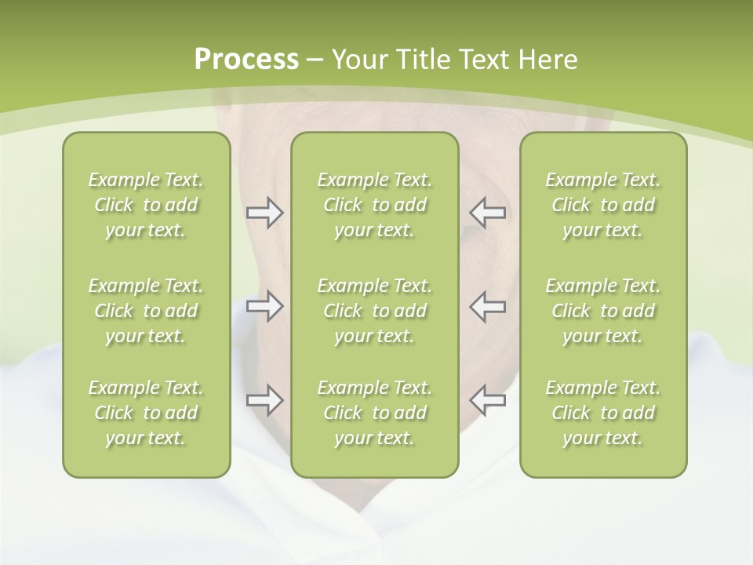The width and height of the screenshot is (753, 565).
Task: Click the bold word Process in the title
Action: pyautogui.click(x=246, y=60)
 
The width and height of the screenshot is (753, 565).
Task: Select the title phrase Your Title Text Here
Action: pyautogui.click(x=455, y=60)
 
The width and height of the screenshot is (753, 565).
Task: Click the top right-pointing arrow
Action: pyautogui.click(x=264, y=213)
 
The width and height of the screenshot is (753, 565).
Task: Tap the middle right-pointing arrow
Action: pyautogui.click(x=264, y=306)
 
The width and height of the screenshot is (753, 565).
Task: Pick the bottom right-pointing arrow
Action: pyautogui.click(x=264, y=400)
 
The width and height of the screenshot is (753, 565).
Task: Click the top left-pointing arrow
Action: pyautogui.click(x=487, y=213)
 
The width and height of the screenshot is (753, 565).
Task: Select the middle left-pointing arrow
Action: pyautogui.click(x=487, y=306)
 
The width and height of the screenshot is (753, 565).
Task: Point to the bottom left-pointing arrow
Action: pyautogui.click(x=487, y=400)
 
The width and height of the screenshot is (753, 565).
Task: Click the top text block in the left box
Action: pyautogui.click(x=146, y=205)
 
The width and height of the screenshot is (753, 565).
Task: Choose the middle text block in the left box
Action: pyautogui.click(x=146, y=311)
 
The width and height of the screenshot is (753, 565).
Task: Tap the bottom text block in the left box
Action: pyautogui.click(x=146, y=413)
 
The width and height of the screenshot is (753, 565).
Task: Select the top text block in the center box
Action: pyautogui.click(x=374, y=205)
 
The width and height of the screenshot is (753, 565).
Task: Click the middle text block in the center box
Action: pyautogui.click(x=374, y=311)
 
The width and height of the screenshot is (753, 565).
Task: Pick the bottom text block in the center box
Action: pyautogui.click(x=374, y=413)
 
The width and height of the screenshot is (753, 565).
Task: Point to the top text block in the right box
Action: pyautogui.click(x=603, y=205)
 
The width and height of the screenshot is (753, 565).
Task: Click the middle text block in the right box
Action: pyautogui.click(x=603, y=311)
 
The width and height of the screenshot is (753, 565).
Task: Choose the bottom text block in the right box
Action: pyautogui.click(x=603, y=413)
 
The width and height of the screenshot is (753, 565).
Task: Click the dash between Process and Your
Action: pyautogui.click(x=315, y=60)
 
